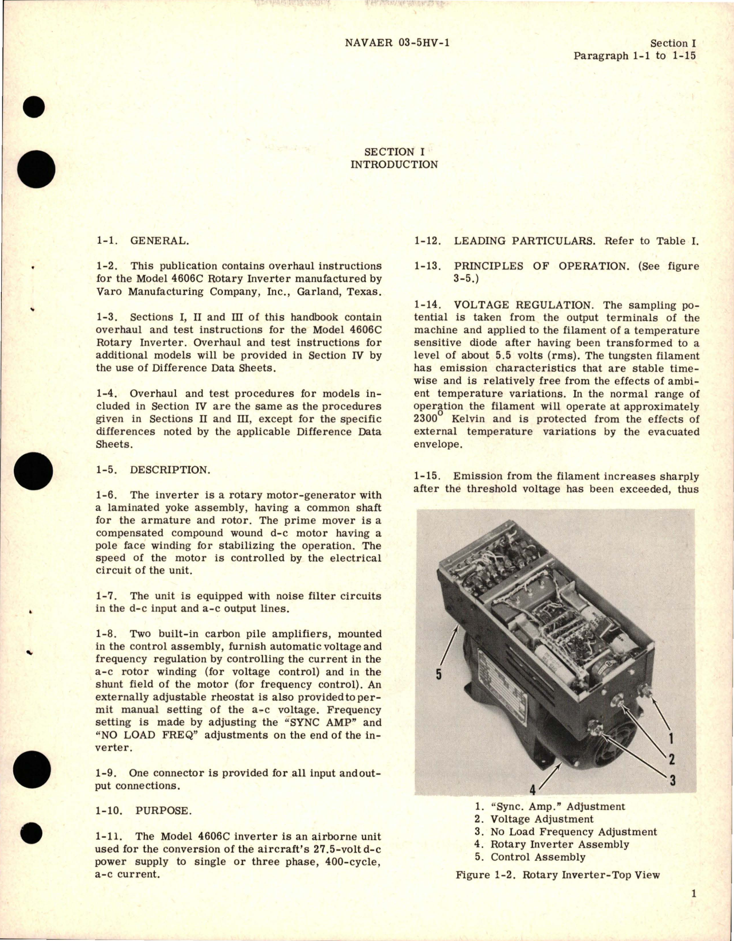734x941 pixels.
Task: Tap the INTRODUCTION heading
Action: pos(394,165)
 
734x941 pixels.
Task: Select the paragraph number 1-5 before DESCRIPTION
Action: pos(107,470)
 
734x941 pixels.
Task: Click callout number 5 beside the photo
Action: pos(438,674)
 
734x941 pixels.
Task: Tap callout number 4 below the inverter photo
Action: pos(532,790)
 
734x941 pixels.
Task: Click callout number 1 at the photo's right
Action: pos(671,738)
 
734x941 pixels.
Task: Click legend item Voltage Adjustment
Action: pos(541,819)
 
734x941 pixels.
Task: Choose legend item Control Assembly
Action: pos(537,857)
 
